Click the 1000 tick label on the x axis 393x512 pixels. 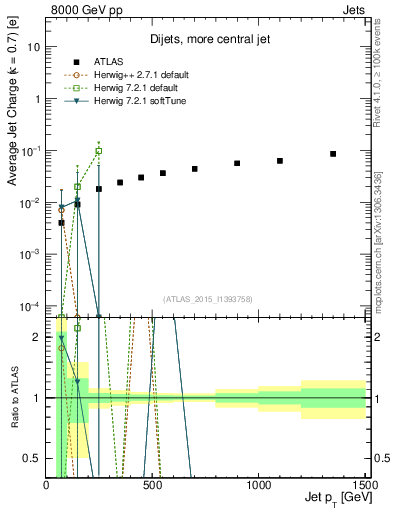click(x=259, y=484)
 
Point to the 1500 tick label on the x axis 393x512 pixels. click(x=365, y=484)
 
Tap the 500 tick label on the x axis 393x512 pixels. click(x=153, y=484)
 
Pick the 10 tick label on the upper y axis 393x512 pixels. click(x=33, y=47)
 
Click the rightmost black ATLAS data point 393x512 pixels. click(x=333, y=154)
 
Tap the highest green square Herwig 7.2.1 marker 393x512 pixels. click(x=98, y=151)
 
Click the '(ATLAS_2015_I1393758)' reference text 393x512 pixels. click(x=207, y=299)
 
